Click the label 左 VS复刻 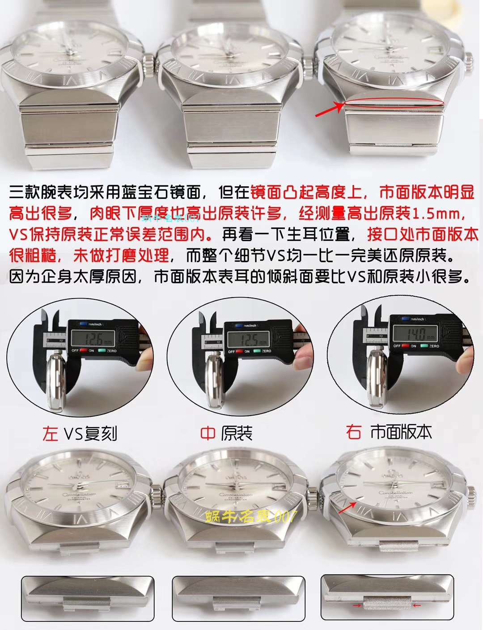click(80, 433)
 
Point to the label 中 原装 click(226, 433)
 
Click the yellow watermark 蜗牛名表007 click(250, 517)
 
